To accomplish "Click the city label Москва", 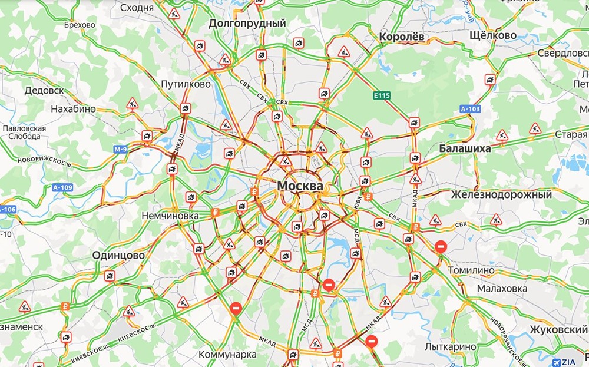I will point(300,186).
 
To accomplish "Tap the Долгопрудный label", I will point(247,24).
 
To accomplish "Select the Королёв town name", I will point(402,36).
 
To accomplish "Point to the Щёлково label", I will point(494,35).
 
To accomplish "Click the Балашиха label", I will point(465,148).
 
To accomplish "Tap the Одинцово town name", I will point(118,256).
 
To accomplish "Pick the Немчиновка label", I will point(170,216).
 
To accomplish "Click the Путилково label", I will point(186,85).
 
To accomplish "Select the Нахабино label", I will point(74,110).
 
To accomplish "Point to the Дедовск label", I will point(44,91).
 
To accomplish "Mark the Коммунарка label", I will point(227,355).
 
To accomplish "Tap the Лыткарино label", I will point(452,346).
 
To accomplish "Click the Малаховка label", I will point(502,289).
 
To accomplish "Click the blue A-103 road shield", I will point(471,108).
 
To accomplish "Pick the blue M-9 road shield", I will point(120,150).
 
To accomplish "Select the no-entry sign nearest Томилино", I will point(440,247).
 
